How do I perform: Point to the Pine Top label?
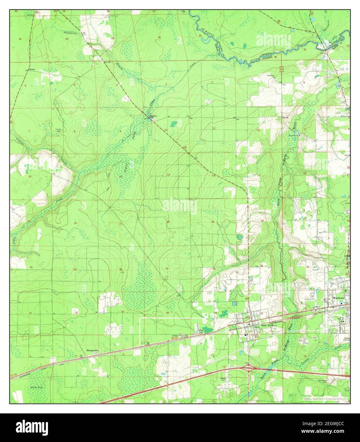coord(201,332)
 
